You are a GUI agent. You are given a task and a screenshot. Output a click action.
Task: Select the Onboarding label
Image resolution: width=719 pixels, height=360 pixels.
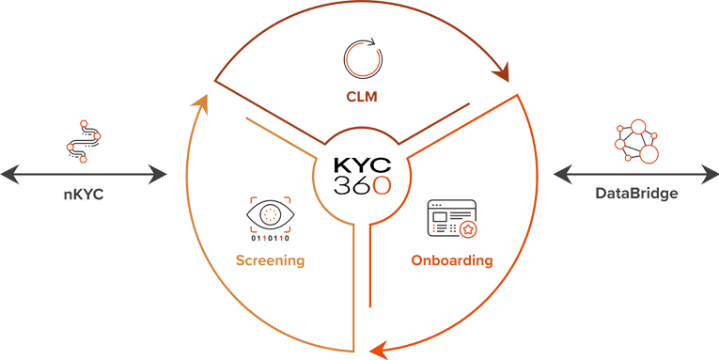click(452, 260)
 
